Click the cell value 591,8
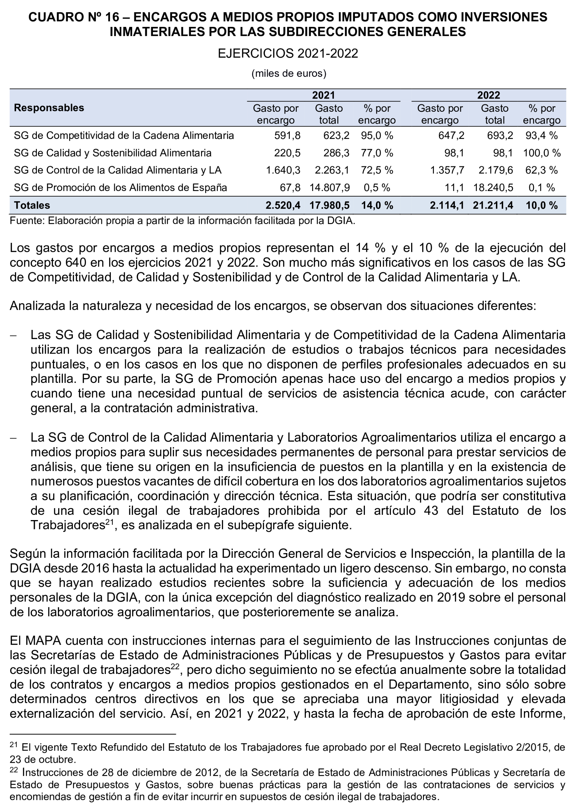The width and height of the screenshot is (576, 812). click(287, 135)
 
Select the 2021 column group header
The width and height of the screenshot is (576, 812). click(323, 95)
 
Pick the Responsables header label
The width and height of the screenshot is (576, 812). click(49, 108)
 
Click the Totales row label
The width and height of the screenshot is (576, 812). click(32, 205)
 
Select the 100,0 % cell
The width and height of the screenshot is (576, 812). click(541, 153)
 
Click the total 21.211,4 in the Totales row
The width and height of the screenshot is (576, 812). click(493, 205)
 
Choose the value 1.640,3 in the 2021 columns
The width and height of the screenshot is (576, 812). click(283, 170)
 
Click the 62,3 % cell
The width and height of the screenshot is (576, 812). click(541, 170)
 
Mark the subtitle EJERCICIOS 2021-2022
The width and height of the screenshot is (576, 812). click(288, 54)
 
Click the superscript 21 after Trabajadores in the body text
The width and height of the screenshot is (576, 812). click(108, 522)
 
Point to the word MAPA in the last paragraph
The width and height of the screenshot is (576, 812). click(43, 641)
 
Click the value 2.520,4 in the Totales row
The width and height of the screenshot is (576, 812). click(283, 205)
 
